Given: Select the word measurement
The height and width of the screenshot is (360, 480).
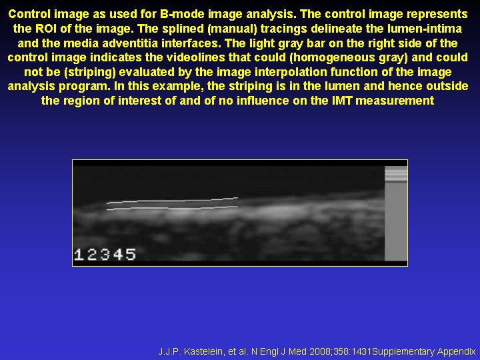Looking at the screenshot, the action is tap(395, 101).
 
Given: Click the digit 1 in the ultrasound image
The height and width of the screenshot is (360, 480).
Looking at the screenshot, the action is tap(79, 255).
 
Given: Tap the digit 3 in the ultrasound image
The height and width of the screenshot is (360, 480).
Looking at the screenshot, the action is tap(105, 255).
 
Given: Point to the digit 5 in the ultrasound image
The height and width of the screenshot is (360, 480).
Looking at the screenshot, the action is tap(131, 255).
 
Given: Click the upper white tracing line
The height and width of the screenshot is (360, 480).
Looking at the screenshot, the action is tap(173, 201).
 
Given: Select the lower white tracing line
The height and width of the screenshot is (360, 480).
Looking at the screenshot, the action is tap(173, 208).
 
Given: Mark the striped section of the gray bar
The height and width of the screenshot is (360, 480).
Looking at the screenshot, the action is tap(396, 174).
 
